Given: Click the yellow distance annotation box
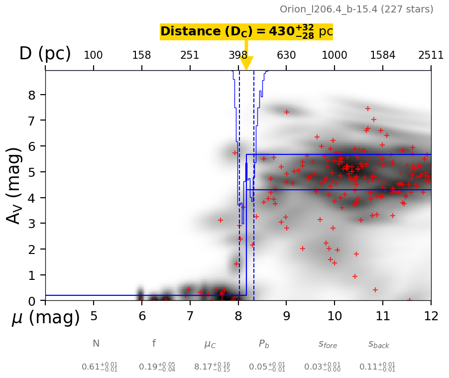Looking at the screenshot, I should point(246,31).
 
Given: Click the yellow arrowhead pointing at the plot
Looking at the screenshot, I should point(246,64).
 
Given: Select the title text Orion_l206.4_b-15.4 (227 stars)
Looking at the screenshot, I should point(356,9).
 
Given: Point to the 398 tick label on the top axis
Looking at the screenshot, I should point(238,55).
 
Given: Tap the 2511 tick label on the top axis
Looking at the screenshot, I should point(431,55).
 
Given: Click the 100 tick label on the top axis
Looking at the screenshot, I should point(93,55).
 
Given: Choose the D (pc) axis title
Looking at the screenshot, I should point(45,54).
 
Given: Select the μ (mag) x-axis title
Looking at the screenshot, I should point(45,317).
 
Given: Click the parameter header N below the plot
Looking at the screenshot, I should point(96,344).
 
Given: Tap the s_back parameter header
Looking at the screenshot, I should point(378,344).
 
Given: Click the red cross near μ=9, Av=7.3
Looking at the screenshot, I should point(286,112).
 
